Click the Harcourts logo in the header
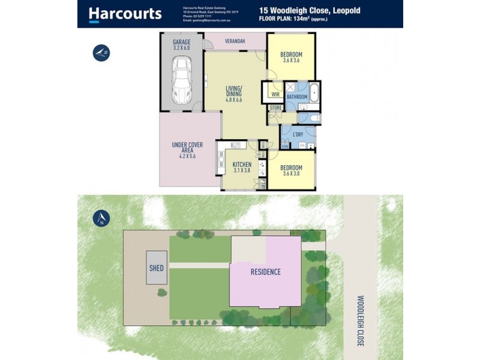click(x=125, y=14)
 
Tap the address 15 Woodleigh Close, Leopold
click(x=310, y=10)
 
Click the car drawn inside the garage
click(x=181, y=80)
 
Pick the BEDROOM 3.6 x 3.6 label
click(x=291, y=58)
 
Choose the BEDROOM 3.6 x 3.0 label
click(x=291, y=172)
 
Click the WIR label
click(x=275, y=95)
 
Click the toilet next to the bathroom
click(x=313, y=119)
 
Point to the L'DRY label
click(x=298, y=134)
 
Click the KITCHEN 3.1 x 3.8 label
click(x=242, y=167)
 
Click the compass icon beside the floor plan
click(x=101, y=53)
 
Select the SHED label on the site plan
click(x=156, y=269)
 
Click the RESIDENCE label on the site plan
click(x=265, y=272)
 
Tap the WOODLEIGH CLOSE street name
click(x=361, y=320)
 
